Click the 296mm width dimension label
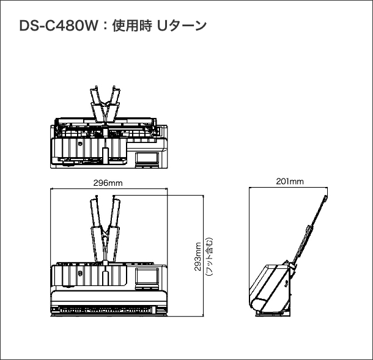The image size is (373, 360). [x=108, y=183]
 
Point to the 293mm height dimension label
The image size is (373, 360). [x=198, y=259]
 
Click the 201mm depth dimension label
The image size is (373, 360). [x=289, y=182]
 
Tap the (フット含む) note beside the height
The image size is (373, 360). [x=209, y=259]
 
